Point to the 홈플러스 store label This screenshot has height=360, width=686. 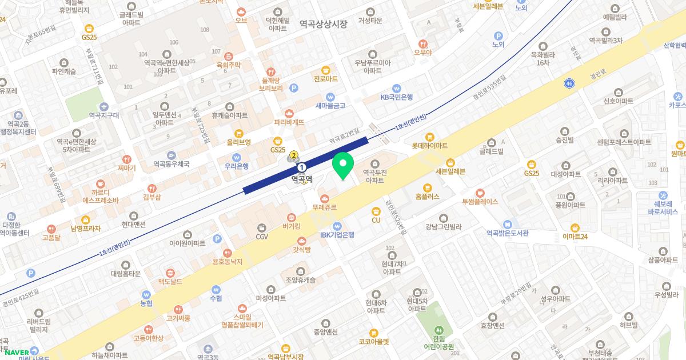click(427, 195)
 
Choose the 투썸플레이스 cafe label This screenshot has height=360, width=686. click(480, 201)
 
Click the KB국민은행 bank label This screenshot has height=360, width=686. click(396, 97)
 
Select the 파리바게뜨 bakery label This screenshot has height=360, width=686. click(289, 122)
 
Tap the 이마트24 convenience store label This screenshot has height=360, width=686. click(575, 235)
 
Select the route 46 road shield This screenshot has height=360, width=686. click(569, 83)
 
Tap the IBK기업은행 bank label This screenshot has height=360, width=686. click(337, 234)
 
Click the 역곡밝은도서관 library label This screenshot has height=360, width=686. click(507, 233)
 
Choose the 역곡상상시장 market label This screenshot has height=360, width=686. click(324, 24)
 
